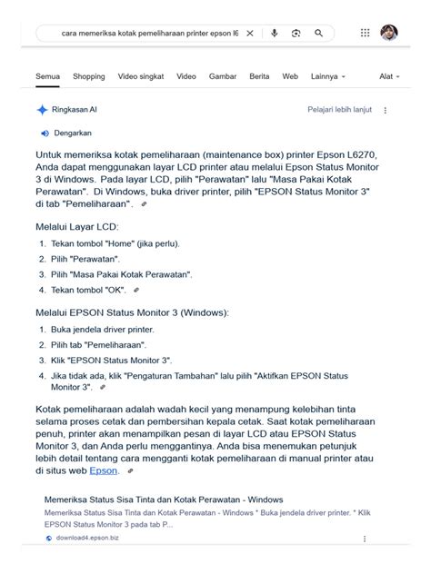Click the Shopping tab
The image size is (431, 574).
pyautogui.click(x=89, y=77)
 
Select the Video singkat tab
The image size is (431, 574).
pyautogui.click(x=141, y=77)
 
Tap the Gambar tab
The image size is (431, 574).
pyautogui.click(x=222, y=77)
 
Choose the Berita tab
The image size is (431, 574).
pyautogui.click(x=259, y=77)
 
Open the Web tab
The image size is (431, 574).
pyautogui.click(x=290, y=77)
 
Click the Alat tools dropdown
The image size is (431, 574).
pyautogui.click(x=389, y=77)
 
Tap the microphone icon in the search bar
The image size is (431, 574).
pyautogui.click(x=274, y=34)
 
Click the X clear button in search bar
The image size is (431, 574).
pyautogui.click(x=250, y=34)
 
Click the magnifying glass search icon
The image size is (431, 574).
pyautogui.click(x=318, y=34)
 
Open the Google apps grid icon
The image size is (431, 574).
pyautogui.click(x=365, y=33)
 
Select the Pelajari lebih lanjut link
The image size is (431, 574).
pyautogui.click(x=338, y=110)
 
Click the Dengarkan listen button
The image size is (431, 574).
pyautogui.click(x=73, y=134)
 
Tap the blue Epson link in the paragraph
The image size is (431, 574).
pyautogui.click(x=103, y=470)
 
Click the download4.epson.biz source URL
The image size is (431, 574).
pyautogui.click(x=87, y=538)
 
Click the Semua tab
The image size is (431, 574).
pyautogui.click(x=47, y=77)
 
